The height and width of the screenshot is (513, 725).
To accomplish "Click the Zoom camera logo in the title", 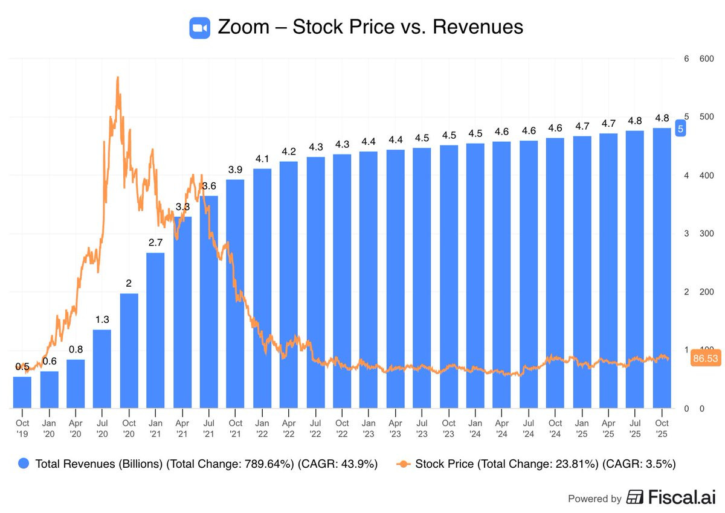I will point(199,28).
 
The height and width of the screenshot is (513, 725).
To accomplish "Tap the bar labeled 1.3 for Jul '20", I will point(102,368).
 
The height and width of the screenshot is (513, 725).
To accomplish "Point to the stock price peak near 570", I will point(117,78).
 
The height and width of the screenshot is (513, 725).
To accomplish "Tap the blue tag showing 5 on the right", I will point(680,129).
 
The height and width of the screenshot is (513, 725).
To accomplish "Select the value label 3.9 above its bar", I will point(236,170).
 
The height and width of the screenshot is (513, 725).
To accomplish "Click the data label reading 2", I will point(129,283).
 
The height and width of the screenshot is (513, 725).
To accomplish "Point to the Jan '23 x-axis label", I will point(369,428).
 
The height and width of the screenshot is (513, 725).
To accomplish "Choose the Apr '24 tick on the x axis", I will point(501,428).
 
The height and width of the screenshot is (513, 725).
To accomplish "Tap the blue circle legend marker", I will point(24,464).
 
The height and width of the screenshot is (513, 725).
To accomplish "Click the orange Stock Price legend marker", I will point(402,464).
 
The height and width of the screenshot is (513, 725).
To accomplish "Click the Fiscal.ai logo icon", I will point(635,497).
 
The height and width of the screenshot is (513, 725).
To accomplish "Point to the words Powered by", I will point(594,499).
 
